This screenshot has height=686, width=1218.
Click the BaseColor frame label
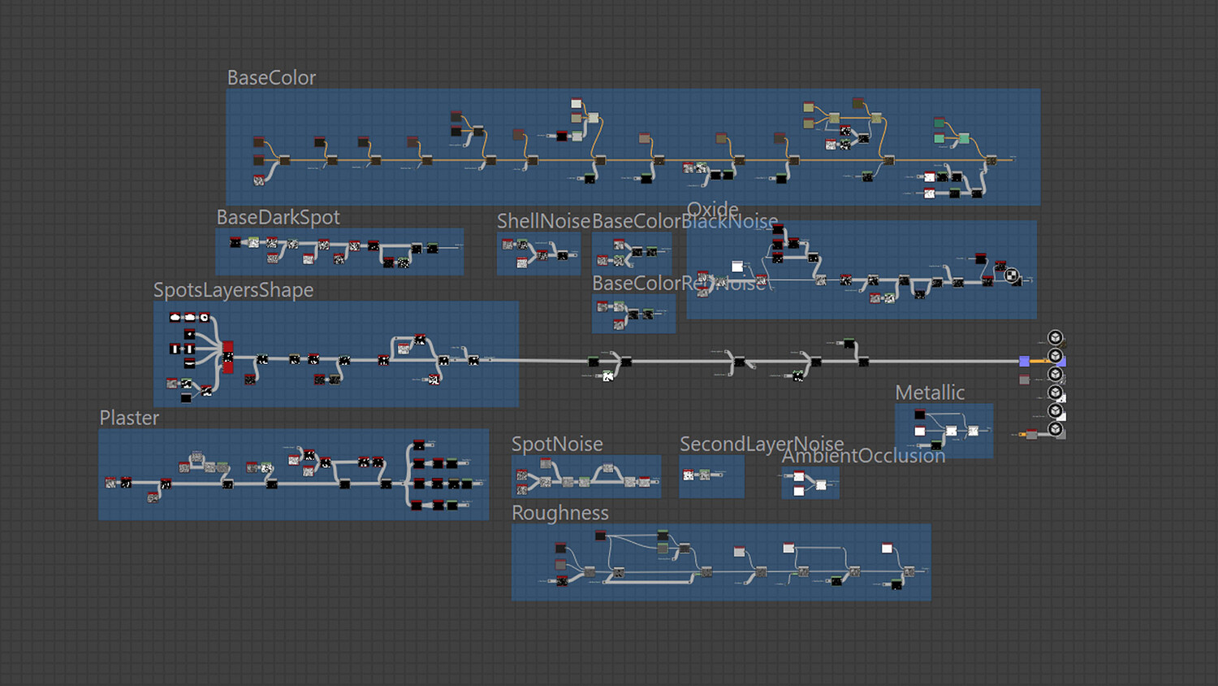[271, 78]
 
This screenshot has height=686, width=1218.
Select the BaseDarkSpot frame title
[278, 218]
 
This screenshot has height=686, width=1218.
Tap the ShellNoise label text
[543, 221]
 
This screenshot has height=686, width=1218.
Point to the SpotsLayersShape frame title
[233, 290]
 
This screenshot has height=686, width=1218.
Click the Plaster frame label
[129, 418]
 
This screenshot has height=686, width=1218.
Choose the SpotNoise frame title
[557, 444]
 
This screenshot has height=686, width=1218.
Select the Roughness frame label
[559, 513]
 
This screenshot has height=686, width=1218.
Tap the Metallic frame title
[930, 393]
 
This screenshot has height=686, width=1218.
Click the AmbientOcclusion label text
[863, 456]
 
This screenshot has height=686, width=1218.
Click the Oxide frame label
[713, 210]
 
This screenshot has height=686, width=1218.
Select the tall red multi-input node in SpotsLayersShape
[228, 357]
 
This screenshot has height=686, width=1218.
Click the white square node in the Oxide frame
[737, 267]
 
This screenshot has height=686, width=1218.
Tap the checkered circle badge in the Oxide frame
[1012, 276]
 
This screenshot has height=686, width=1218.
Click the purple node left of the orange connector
[1024, 361]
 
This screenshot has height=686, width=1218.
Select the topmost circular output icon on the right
[1055, 337]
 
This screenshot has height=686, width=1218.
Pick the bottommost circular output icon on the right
[1055, 428]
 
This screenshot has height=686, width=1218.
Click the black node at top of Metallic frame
[919, 415]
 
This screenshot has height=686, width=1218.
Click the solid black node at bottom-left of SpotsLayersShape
[186, 397]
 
